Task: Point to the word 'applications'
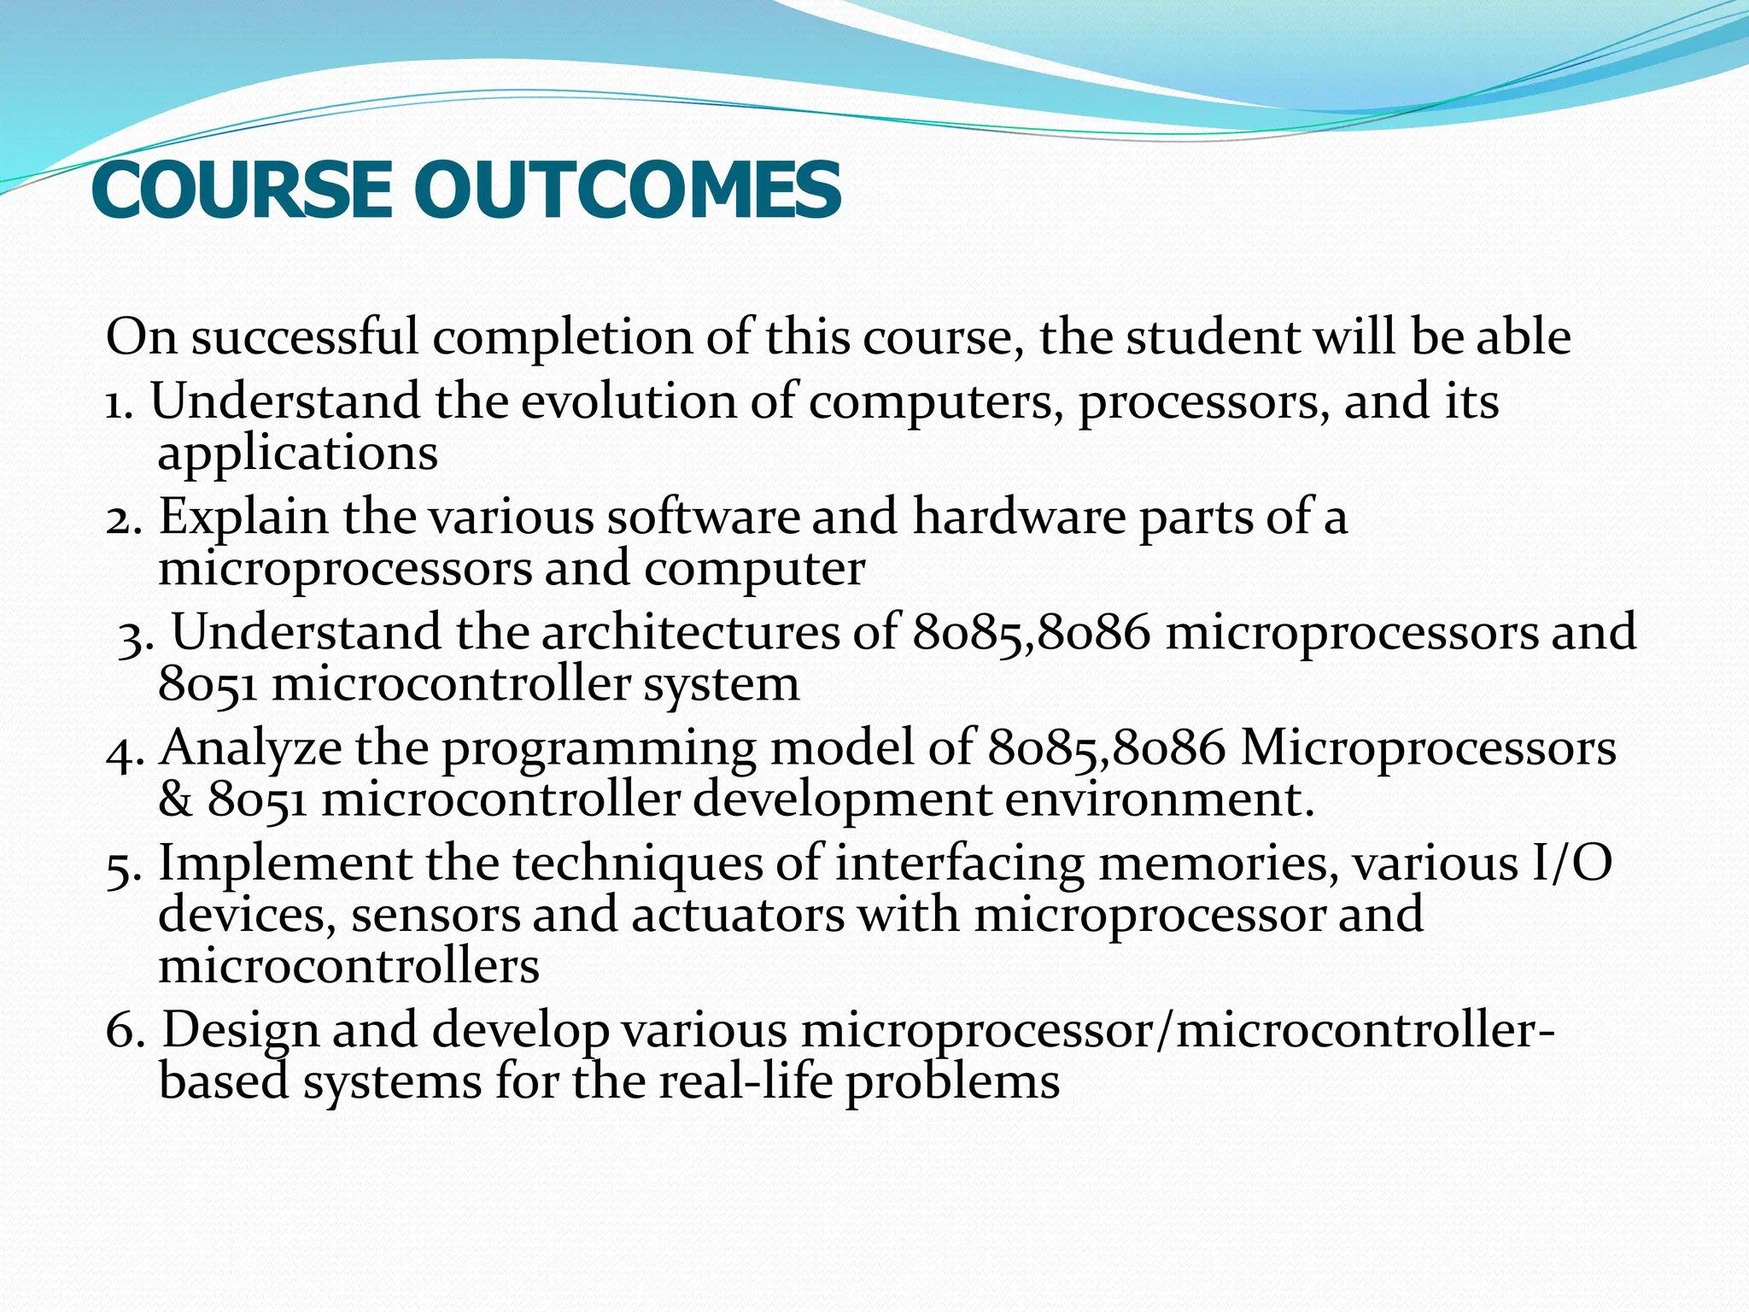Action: tap(297, 454)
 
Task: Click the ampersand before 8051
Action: tap(176, 800)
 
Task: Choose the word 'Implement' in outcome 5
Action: tap(284, 863)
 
